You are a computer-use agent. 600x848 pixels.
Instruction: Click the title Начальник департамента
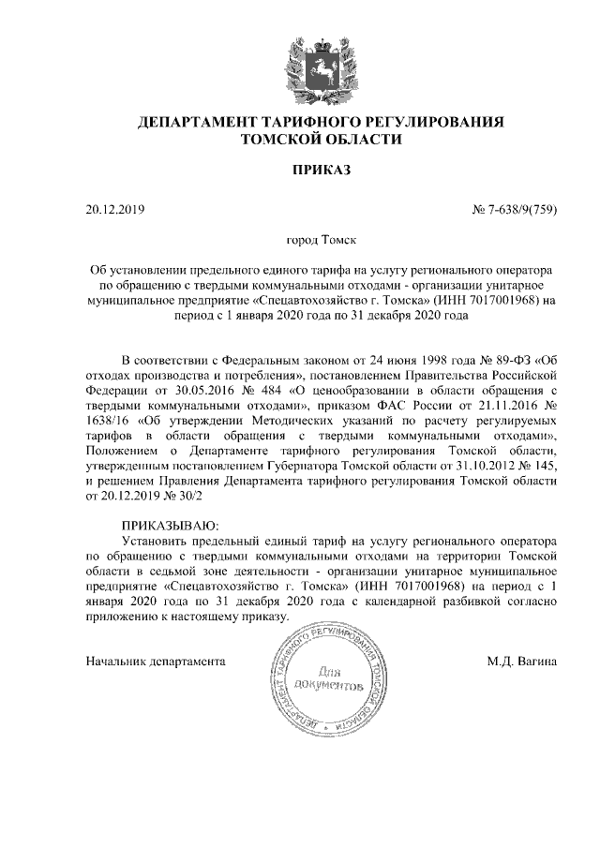pyautogui.click(x=154, y=662)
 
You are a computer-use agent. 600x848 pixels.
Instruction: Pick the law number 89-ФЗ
pyautogui.click(x=495, y=361)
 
